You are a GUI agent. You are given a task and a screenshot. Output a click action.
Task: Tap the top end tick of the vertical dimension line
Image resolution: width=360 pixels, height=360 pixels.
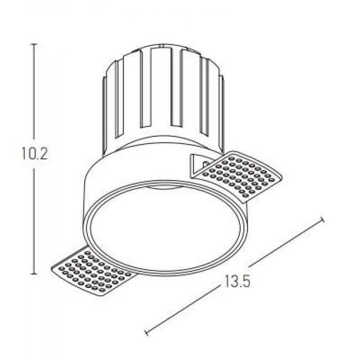click(x=35, y=44)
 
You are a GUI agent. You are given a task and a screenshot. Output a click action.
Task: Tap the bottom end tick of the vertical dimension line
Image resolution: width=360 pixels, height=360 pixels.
click(x=35, y=274)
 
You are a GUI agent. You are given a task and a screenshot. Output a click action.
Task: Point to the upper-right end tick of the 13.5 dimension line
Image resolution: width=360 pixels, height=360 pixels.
click(x=322, y=220)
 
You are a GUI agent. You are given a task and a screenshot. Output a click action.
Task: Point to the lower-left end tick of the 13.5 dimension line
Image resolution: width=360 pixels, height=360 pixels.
click(x=147, y=333)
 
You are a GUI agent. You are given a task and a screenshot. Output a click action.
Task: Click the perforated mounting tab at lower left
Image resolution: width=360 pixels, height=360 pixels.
click(x=92, y=271)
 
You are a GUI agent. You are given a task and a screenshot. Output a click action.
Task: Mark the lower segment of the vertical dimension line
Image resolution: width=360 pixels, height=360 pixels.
click(x=35, y=222)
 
